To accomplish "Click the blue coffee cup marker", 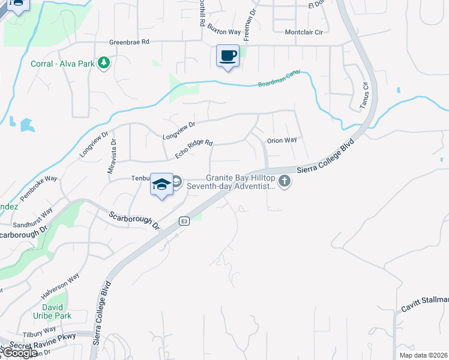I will click(x=228, y=56).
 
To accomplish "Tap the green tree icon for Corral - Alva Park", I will click(x=104, y=63).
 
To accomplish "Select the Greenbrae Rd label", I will click(x=128, y=43).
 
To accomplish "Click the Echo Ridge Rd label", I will click(x=194, y=149).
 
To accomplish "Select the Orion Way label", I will click(x=282, y=140).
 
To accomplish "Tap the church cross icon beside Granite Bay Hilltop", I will click(x=285, y=181).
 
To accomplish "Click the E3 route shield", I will click(x=184, y=221).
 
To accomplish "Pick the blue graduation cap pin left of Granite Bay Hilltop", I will click(x=161, y=184).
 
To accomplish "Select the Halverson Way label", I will click(x=60, y=287).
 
